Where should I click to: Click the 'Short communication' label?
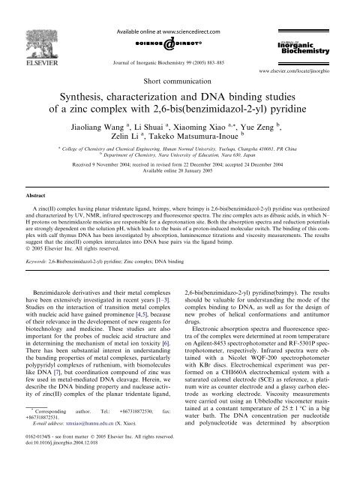click(178, 77)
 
